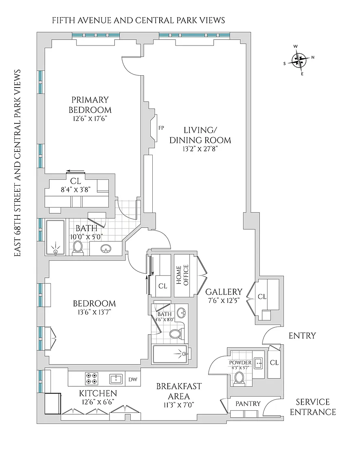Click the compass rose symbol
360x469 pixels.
[x=300, y=61]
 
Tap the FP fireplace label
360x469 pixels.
[x=161, y=128]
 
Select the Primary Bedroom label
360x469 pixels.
[x=90, y=105]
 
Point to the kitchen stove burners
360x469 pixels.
[x=91, y=379]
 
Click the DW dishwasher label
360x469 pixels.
[x=132, y=379]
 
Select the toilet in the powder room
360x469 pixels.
[x=239, y=378]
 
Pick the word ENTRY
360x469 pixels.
[x=302, y=336]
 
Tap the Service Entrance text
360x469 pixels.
[x=316, y=407]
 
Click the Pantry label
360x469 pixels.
[x=248, y=403]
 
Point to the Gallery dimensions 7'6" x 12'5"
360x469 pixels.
[x=224, y=300]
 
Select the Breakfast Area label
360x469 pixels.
[x=179, y=391]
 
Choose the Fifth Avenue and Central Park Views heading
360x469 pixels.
[x=138, y=20]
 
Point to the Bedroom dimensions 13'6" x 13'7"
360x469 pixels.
[x=94, y=312]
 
